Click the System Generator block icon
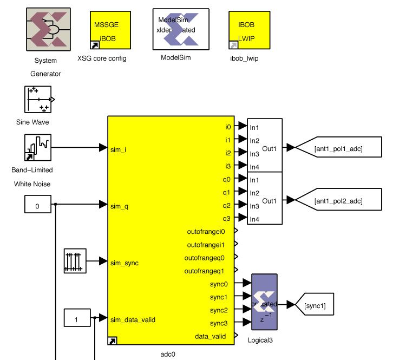coord(48,29)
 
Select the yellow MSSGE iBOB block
coord(107,30)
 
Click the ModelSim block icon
coord(181,29)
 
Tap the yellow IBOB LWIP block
coord(246,30)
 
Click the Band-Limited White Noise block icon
coord(38,148)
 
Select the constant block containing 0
coord(37,206)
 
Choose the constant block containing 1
coord(77,319)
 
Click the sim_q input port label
coord(118,206)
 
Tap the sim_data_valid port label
coord(132,319)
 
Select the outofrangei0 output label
coord(205,231)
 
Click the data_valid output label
coord(211,336)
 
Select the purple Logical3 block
coord(264,302)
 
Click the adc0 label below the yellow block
coord(168,354)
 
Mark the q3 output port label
coord(226,218)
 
